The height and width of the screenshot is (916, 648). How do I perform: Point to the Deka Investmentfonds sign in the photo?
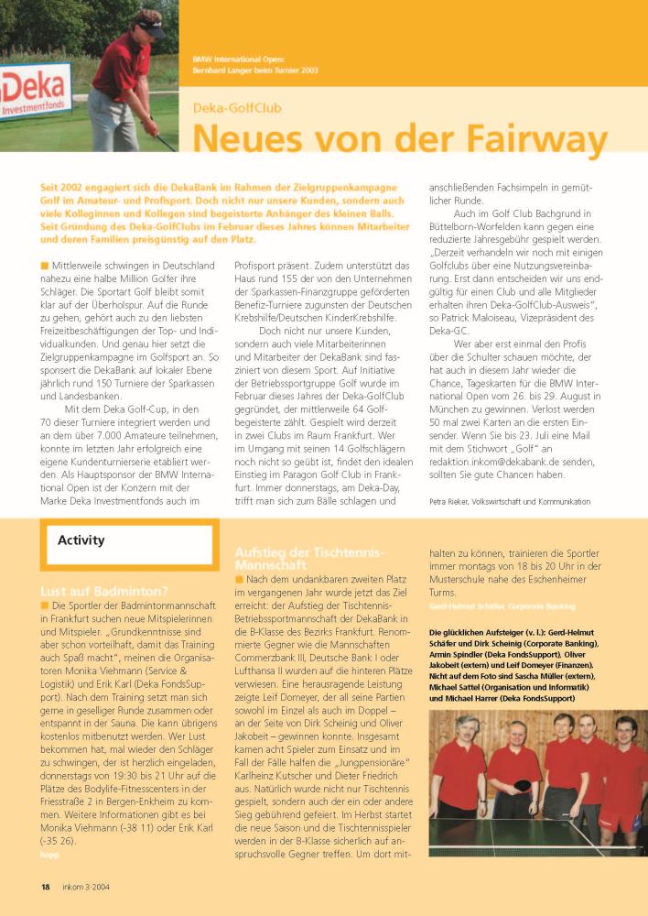[x=35, y=93]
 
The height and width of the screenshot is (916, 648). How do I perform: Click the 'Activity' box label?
[x=81, y=540]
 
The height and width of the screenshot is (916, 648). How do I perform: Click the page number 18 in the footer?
[x=45, y=887]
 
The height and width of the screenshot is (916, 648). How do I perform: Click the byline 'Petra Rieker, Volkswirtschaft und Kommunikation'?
[x=510, y=501]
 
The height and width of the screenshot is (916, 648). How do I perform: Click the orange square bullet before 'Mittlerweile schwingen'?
[x=45, y=265]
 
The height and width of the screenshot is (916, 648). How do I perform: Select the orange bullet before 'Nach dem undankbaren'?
[x=240, y=580]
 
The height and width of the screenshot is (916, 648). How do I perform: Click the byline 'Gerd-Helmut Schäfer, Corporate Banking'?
[x=502, y=606]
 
